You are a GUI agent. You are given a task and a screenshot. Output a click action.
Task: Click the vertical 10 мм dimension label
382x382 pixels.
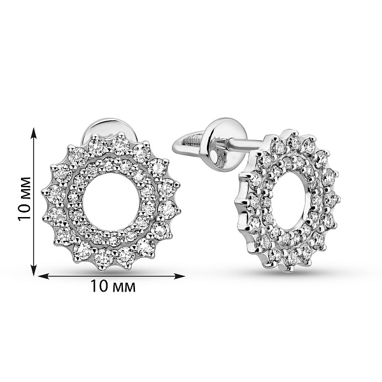(25, 199)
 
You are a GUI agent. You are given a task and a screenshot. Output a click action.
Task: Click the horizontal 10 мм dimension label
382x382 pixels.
(113, 286)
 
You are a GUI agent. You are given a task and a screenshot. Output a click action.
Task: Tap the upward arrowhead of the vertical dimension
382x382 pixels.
(34, 133)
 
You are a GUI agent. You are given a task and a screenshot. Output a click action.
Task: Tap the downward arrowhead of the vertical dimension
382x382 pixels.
(34, 269)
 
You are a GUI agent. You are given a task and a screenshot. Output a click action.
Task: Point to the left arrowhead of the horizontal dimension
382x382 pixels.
(45, 276)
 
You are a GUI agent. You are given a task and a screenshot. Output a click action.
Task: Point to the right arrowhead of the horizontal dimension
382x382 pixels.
(179, 276)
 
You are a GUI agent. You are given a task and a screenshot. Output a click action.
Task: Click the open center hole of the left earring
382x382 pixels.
(111, 201)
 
